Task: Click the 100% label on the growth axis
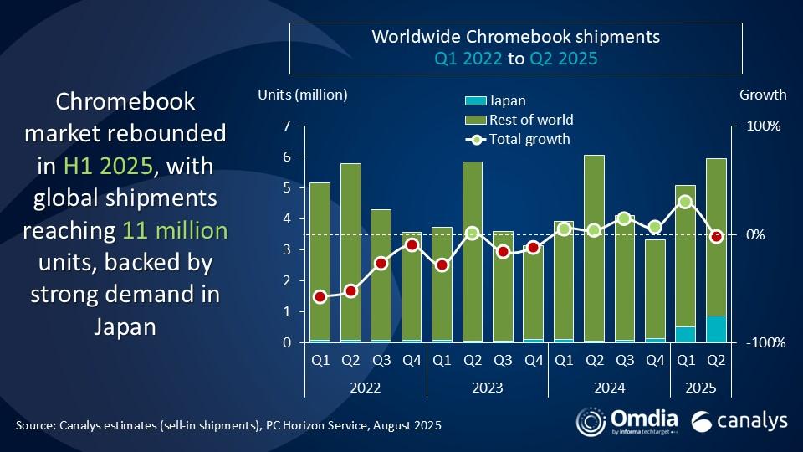(763, 126)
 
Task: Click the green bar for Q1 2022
(320, 260)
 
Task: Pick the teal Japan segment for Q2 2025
(716, 329)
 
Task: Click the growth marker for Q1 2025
(686, 202)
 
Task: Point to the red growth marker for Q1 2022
(320, 296)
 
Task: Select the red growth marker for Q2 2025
(716, 237)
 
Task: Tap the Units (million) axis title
(303, 95)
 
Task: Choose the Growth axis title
(762, 95)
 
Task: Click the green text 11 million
(174, 230)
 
